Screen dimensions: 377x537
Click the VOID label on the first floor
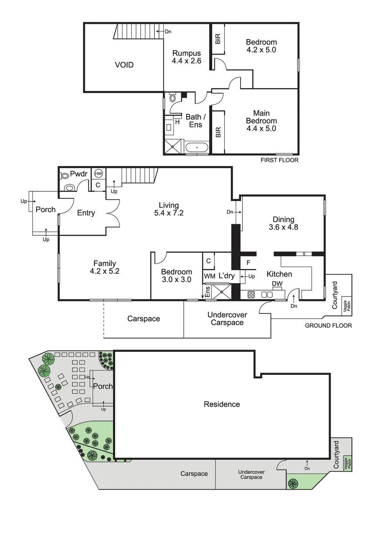point(124,65)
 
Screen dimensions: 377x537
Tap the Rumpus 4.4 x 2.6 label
point(187,57)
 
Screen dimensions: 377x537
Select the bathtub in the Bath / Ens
point(197,147)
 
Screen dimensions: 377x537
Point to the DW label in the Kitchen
point(277,284)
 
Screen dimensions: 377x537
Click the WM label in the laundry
point(209,276)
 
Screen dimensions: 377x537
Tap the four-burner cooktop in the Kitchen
point(251,294)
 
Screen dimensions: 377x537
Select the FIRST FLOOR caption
point(279,160)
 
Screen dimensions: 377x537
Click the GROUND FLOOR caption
point(328,326)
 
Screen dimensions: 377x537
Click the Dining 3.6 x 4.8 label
point(283,223)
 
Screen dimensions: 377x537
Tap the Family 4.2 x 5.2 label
point(105,267)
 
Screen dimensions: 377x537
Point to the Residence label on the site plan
point(222,404)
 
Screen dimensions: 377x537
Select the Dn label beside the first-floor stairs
point(168,32)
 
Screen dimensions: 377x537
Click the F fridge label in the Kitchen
point(248,263)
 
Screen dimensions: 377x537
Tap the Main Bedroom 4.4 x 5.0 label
point(261,121)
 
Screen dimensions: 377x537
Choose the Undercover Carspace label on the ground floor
point(227,319)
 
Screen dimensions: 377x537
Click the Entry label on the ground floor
point(86,213)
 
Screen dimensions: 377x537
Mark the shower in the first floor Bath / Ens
point(174,147)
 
